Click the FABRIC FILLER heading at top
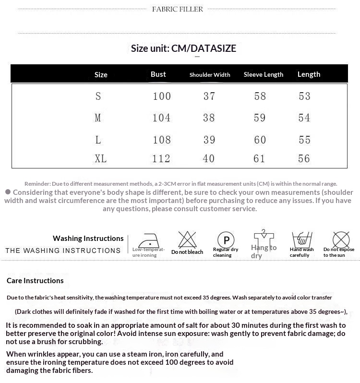click(x=178, y=9)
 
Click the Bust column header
click(x=158, y=74)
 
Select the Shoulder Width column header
click(x=210, y=74)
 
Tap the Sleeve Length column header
click(x=264, y=74)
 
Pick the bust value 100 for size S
click(x=162, y=96)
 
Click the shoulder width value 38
click(x=209, y=118)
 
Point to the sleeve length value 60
click(x=260, y=140)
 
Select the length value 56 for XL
click(x=304, y=158)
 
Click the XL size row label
click(x=101, y=158)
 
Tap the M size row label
click(x=98, y=118)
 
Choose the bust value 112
click(x=161, y=158)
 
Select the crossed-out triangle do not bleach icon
click(x=187, y=239)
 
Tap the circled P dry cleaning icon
click(x=226, y=239)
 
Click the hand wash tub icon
click(x=302, y=239)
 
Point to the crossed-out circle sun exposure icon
click(x=341, y=239)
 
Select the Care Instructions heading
click(x=35, y=280)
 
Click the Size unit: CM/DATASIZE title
click(x=183, y=48)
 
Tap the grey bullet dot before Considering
click(x=8, y=192)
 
